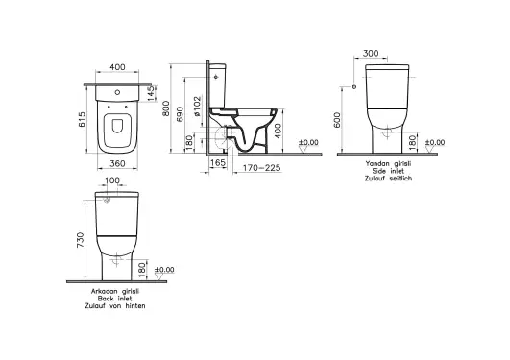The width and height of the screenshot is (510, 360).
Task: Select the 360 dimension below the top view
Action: (116, 162)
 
